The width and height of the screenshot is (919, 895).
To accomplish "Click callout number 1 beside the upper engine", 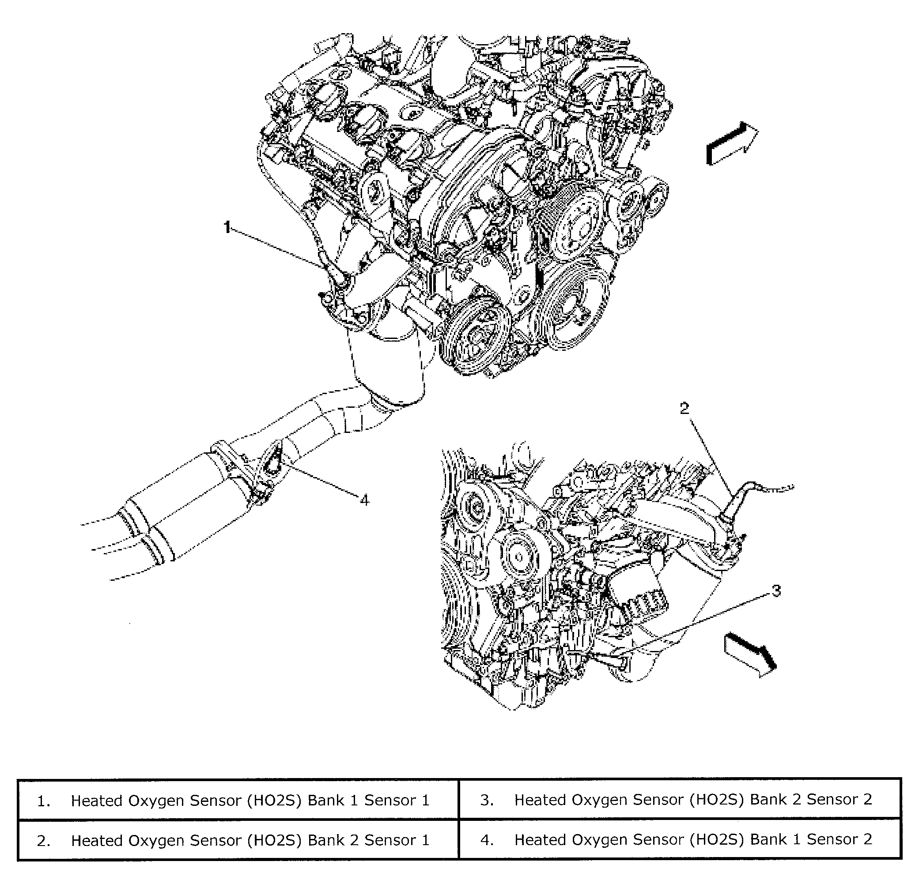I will (x=227, y=228).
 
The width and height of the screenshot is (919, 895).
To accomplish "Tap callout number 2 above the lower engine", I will (x=685, y=409).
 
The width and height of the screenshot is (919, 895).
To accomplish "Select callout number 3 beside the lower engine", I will (x=776, y=591).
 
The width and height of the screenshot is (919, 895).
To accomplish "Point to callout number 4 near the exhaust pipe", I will (x=364, y=500).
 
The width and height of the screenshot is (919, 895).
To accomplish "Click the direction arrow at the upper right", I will (x=732, y=143).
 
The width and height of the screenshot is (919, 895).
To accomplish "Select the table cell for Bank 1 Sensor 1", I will (x=238, y=801).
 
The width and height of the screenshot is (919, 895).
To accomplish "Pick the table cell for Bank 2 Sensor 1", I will (x=238, y=840).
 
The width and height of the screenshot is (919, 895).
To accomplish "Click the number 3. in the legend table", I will (x=487, y=800).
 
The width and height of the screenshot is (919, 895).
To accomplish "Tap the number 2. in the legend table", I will (x=43, y=841).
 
